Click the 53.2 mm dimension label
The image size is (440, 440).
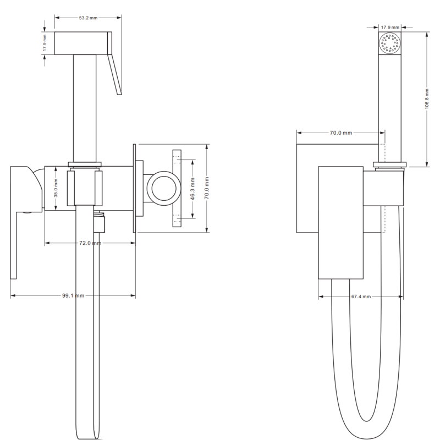(88, 18)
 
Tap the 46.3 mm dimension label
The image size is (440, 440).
(193, 188)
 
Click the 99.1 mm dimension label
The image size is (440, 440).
(73, 295)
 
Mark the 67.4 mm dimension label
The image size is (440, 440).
(361, 296)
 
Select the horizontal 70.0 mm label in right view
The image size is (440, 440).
(341, 133)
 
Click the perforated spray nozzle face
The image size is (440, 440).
(390, 43)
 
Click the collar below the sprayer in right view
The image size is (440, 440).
(390, 164)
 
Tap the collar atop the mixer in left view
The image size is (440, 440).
(85, 164)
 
